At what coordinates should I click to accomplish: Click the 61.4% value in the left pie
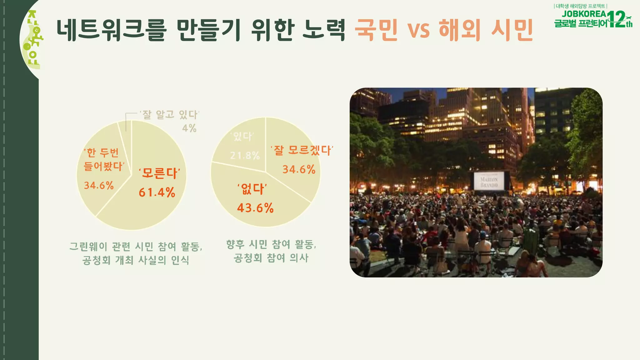tap(157, 192)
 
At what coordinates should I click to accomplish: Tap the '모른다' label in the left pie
tap(160, 173)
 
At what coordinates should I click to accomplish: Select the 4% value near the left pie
tap(189, 128)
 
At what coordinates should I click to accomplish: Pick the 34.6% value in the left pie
tap(99, 185)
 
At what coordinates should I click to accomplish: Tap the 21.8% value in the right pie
tap(245, 155)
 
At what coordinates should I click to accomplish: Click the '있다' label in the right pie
tap(242, 136)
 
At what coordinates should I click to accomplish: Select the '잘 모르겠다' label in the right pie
tap(302, 150)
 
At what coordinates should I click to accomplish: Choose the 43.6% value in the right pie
tap(255, 208)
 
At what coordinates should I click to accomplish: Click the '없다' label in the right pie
tap(252, 189)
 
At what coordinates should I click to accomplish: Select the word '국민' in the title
tap(377, 30)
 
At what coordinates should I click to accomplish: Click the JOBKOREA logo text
tap(584, 14)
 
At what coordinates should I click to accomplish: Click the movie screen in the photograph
tap(489, 181)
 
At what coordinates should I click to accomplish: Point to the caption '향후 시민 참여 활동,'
tap(271, 244)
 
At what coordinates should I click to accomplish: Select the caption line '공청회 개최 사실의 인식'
tap(136, 260)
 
